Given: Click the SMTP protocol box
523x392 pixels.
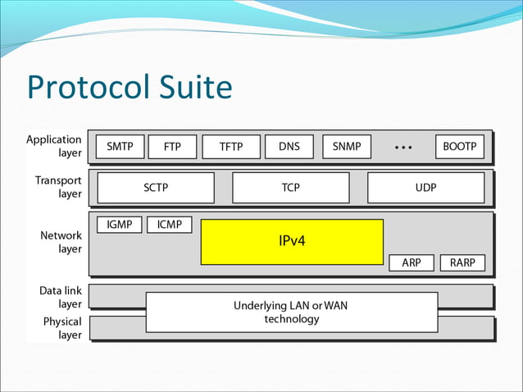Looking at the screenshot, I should point(121,147).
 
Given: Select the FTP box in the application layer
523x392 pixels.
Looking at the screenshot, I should point(172,148).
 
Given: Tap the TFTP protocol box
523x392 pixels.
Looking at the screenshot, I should point(230,148).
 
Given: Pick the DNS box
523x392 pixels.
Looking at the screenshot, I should point(289,147).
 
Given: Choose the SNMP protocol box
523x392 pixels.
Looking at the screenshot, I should point(347,147).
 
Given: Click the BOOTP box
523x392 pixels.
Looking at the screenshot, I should point(459,147).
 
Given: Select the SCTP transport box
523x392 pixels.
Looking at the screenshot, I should point(156,188).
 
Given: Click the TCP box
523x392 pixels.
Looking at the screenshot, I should point(290,188).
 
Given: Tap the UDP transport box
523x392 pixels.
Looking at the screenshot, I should point(425,188).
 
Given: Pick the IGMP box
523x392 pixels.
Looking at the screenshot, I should point(120,225).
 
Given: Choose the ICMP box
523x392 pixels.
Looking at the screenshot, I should point(170,225).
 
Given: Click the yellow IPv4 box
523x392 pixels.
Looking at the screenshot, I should point(292,242).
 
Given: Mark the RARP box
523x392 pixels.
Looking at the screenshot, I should point(462,263).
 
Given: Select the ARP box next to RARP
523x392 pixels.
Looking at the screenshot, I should point(412,263).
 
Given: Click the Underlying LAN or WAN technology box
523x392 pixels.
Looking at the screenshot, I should point(291,312).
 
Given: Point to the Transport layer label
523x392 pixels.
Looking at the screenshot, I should point(58,187).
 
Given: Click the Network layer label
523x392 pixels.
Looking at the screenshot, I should point(61,242).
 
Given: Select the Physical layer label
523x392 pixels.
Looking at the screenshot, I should point(62,328).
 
